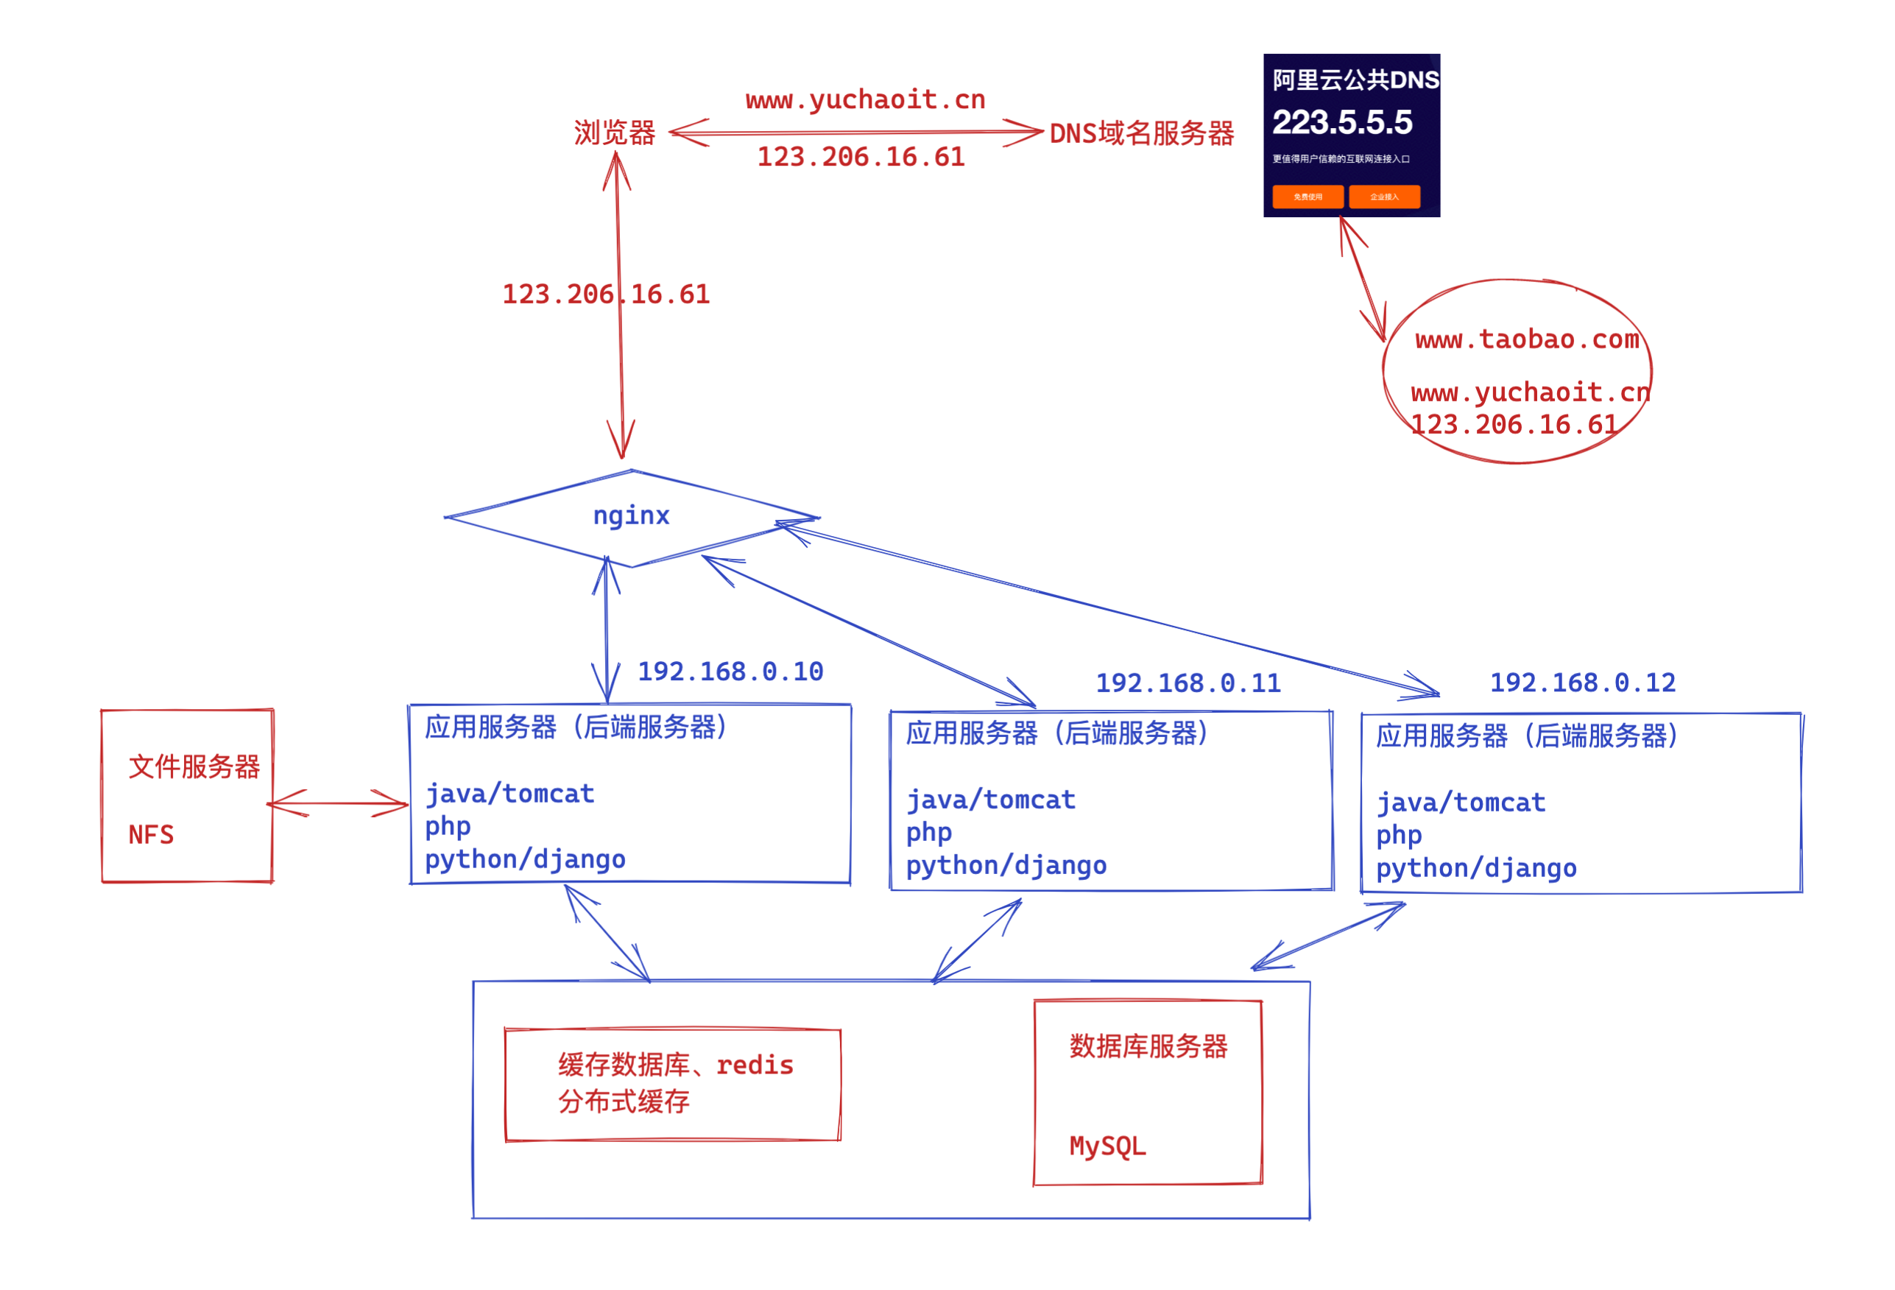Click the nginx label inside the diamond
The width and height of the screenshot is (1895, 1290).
tap(631, 516)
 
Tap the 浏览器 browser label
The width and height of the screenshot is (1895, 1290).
tap(615, 133)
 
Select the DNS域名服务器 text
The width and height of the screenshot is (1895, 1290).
tap(1142, 133)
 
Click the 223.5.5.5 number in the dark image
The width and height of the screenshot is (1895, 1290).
tap(1342, 122)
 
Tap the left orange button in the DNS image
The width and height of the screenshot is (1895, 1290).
tap(1307, 197)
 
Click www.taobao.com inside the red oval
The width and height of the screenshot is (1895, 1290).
tap(1526, 339)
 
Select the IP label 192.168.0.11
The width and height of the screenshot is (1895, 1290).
tap(1188, 683)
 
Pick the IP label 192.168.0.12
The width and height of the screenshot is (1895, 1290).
tap(1583, 683)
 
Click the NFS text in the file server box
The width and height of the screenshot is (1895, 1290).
tap(152, 835)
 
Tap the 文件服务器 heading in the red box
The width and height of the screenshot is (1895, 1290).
tap(194, 766)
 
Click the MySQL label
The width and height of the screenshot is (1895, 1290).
tap(1107, 1146)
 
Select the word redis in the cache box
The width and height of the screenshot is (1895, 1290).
tap(755, 1065)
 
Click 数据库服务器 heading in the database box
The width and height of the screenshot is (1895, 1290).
tap(1148, 1047)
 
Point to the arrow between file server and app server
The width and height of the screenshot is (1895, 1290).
tap(338, 804)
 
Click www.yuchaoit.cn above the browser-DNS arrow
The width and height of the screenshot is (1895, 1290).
tap(865, 99)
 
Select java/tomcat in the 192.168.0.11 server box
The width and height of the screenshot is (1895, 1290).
tap(991, 800)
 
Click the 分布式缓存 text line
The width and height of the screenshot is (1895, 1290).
tap(624, 1102)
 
